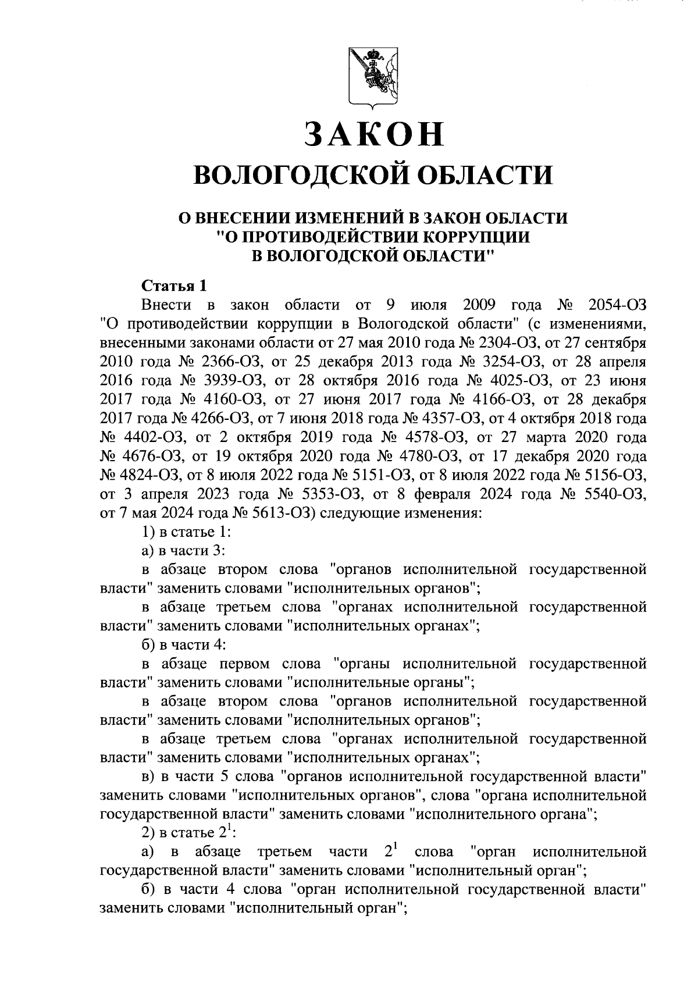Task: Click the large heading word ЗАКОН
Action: click(374, 134)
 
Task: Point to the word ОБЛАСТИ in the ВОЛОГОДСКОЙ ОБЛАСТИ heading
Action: click(486, 176)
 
